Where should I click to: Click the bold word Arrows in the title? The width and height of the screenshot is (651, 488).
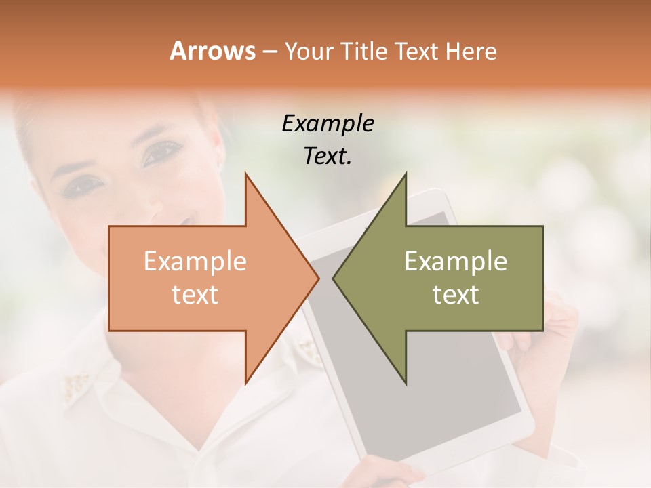(x=212, y=51)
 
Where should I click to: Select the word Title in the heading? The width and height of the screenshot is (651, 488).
(x=365, y=52)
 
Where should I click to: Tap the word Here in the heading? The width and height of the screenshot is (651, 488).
(x=472, y=52)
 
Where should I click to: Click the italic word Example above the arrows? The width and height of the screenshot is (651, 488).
(x=328, y=123)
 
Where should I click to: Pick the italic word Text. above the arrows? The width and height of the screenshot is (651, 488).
(x=328, y=157)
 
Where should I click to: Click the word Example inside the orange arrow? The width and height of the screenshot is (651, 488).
(x=195, y=261)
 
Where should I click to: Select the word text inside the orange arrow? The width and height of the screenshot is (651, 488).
(x=195, y=294)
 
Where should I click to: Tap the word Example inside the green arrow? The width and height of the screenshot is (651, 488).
(x=456, y=261)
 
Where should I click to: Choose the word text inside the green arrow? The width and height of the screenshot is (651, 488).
(x=456, y=294)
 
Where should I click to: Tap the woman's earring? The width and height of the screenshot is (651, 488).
(x=221, y=165)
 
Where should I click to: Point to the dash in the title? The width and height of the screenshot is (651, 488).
(x=269, y=52)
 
